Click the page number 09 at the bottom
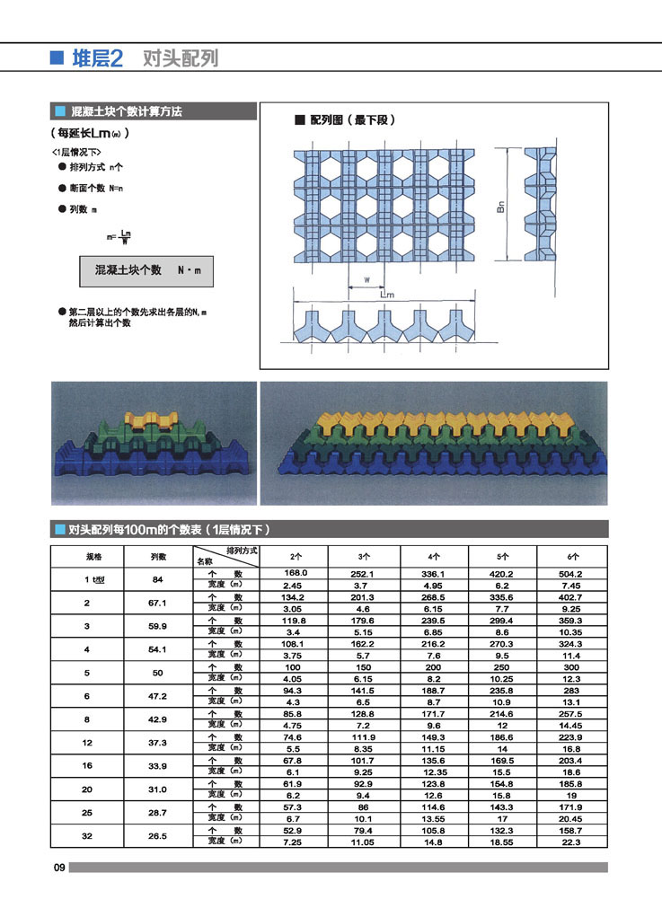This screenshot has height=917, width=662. pos(58,868)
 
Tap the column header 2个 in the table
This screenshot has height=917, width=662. pos(296,556)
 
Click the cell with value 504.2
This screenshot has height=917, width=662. pos(572,573)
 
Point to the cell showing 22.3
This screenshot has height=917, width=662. pos(572,842)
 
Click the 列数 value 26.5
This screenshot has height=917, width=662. pos(157,836)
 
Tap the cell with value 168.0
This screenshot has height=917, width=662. pos(296,573)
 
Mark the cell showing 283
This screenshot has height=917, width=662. pos(572,690)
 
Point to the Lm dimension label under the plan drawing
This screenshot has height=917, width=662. pos(387,295)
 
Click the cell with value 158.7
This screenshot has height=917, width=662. pos(572,830)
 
